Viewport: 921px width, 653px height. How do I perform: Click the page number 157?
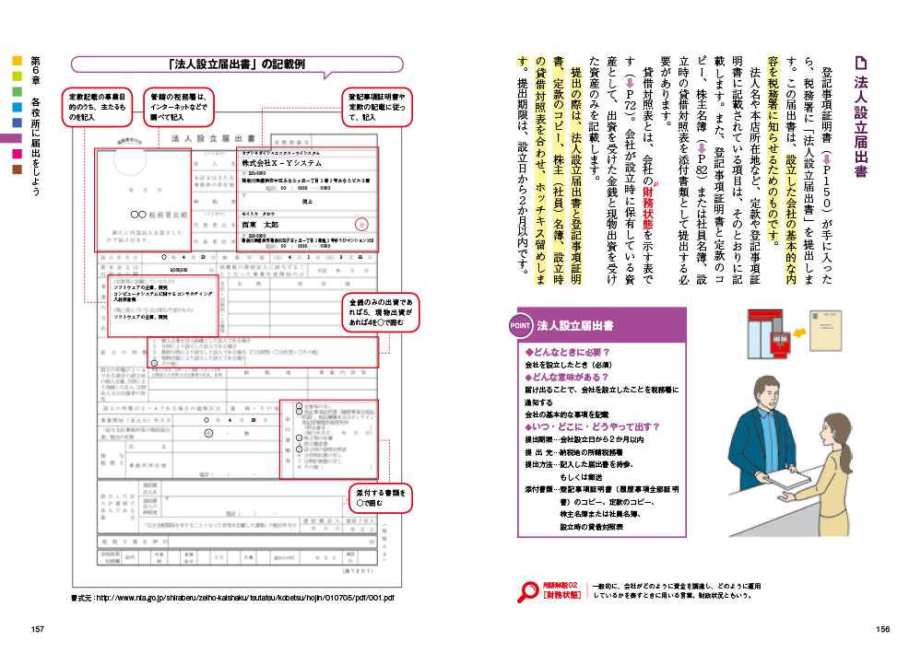click(x=38, y=629)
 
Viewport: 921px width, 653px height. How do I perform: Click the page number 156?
click(x=882, y=629)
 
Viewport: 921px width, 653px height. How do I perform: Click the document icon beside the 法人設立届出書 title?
click(x=861, y=64)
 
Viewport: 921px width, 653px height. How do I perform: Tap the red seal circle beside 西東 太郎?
click(x=361, y=224)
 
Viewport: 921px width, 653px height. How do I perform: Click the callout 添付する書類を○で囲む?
click(x=379, y=497)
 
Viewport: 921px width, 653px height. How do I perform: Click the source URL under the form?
click(x=232, y=597)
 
